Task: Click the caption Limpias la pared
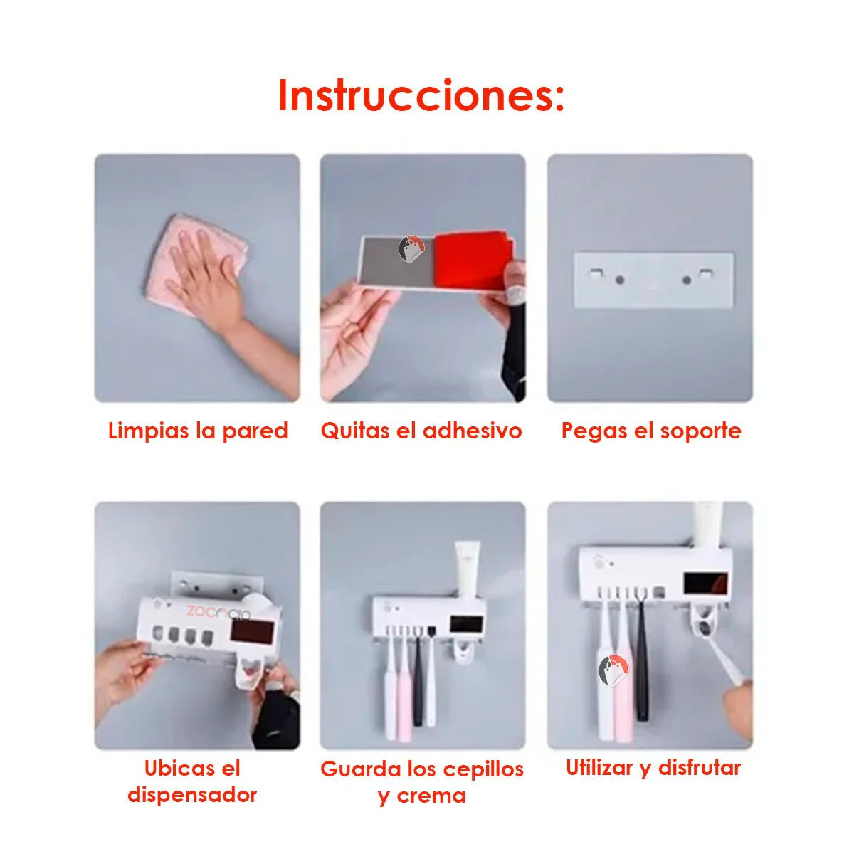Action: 198,431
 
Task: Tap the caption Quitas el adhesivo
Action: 421,431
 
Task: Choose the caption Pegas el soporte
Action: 650,431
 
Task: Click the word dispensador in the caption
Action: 192,794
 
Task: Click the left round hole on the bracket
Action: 620,280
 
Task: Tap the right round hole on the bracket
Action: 687,280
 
